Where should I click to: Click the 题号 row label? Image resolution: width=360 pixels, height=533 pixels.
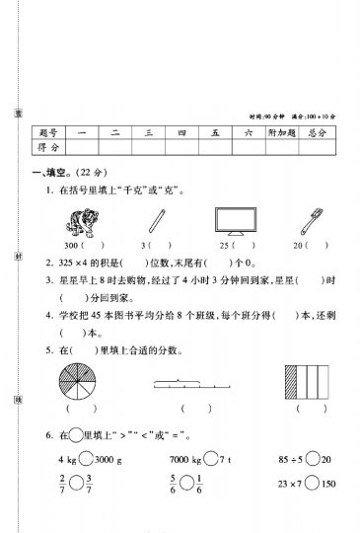click(49, 131)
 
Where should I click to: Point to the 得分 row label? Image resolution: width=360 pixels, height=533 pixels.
click(49, 147)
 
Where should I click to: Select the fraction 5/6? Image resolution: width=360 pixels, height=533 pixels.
click(175, 486)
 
